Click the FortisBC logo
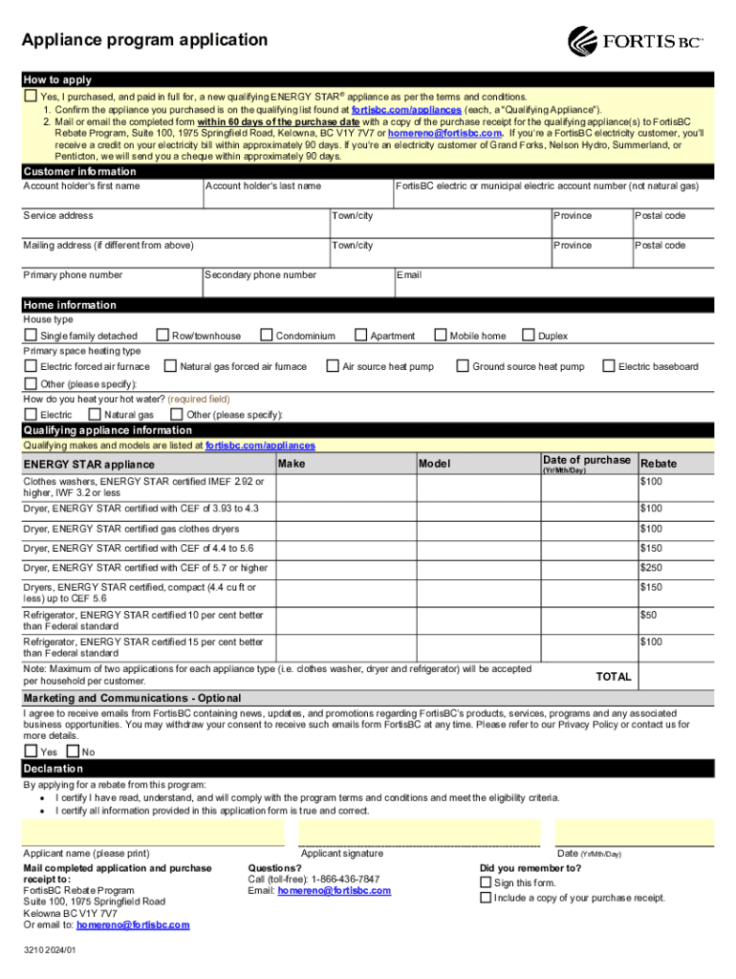click(636, 41)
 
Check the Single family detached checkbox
click(31, 336)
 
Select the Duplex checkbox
click(528, 336)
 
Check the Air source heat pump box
click(333, 366)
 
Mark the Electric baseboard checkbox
click(609, 366)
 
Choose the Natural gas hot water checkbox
click(95, 415)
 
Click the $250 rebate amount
click(651, 568)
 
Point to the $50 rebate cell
click(648, 614)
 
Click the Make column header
click(292, 464)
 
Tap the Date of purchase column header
click(586, 460)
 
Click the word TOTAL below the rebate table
click(614, 677)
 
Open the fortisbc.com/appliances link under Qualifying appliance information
click(260, 446)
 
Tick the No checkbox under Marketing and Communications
click(73, 751)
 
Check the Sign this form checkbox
click(486, 882)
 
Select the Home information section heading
click(70, 305)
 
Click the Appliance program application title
click(145, 40)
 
